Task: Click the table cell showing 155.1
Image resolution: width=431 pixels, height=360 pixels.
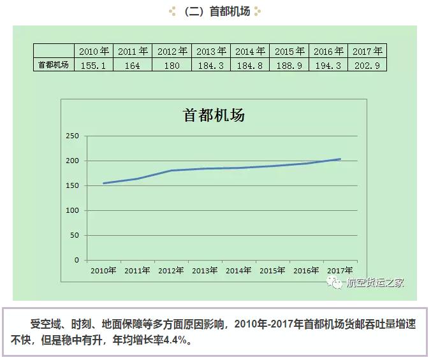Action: (x=94, y=64)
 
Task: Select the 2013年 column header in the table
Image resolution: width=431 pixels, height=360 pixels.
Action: (x=211, y=51)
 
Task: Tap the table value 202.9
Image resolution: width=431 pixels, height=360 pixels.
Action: (x=367, y=64)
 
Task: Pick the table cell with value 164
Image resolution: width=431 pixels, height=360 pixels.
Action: (x=133, y=64)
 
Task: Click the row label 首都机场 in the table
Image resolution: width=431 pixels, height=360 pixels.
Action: (x=54, y=64)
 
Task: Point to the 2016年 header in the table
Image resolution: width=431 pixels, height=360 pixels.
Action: (x=328, y=51)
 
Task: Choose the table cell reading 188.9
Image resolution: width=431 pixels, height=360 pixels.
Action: (x=289, y=64)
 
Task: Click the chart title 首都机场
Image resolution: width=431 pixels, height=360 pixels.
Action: (x=214, y=115)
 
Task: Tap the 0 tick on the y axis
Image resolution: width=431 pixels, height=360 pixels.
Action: (x=77, y=260)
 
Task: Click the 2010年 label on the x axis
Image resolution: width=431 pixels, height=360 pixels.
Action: (x=103, y=270)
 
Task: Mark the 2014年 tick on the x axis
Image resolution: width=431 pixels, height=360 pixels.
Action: (x=238, y=270)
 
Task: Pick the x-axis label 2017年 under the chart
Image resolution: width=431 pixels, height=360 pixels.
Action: (x=340, y=270)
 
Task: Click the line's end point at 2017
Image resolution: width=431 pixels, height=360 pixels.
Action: (x=340, y=159)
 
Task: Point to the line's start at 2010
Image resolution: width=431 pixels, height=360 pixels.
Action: (x=103, y=183)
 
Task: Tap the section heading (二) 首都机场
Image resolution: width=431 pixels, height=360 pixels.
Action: (x=215, y=11)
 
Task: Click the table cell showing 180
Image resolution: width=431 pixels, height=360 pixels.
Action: (x=172, y=64)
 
